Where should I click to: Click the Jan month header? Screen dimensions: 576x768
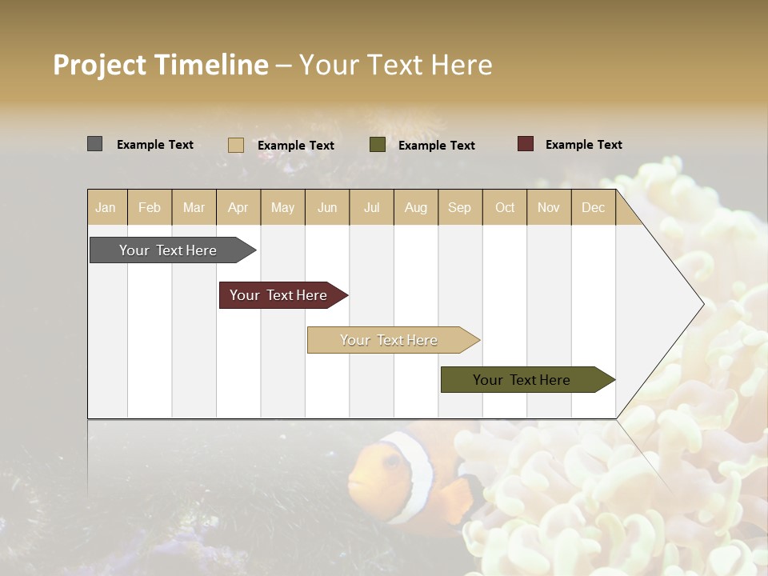[106, 207]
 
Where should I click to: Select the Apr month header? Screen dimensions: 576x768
[238, 207]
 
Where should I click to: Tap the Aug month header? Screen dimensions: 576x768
[416, 207]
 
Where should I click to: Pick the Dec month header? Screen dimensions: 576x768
[594, 207]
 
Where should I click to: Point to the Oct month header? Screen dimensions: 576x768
[505, 207]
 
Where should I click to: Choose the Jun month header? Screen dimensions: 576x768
[327, 207]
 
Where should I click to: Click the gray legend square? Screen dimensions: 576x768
[94, 144]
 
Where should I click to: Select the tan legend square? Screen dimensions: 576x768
[236, 145]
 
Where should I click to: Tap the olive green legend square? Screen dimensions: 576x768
[378, 145]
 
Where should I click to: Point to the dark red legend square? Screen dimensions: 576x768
[526, 144]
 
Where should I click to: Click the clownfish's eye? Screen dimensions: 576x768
[391, 462]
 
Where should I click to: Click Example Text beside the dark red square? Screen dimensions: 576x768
[583, 145]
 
